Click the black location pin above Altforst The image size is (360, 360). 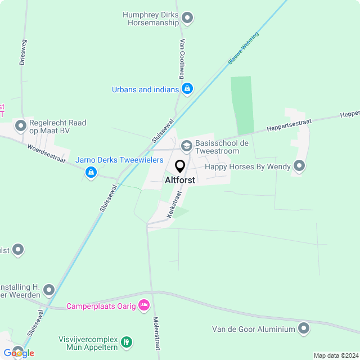(x=180, y=166)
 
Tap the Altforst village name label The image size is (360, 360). (x=180, y=181)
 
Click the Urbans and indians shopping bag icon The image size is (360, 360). (x=187, y=89)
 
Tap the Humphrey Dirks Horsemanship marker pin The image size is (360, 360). (x=188, y=19)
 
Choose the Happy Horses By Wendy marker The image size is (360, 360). (x=299, y=166)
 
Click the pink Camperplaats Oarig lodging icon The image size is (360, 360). (x=144, y=305)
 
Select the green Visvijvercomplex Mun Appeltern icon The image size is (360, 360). (x=127, y=341)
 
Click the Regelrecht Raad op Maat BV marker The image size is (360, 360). (x=21, y=125)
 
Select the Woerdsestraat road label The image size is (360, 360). (x=47, y=153)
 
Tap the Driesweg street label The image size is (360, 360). (x=23, y=52)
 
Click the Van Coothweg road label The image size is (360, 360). (x=182, y=58)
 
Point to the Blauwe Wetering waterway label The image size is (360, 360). (x=243, y=50)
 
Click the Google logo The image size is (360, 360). (x=19, y=353)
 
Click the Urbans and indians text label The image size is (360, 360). (x=145, y=89)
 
